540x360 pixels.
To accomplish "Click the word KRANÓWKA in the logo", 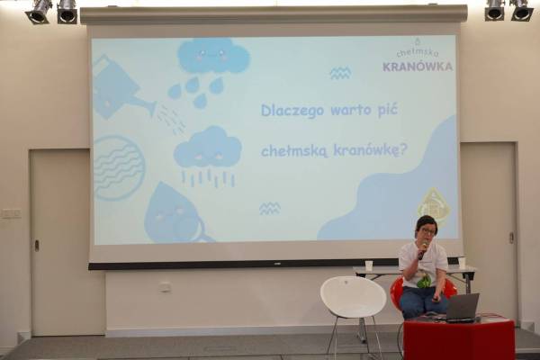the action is [418, 67].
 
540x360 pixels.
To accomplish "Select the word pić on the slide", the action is [388, 110].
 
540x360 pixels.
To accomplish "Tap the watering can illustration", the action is [122, 90].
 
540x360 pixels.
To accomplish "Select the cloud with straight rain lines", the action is [208, 155].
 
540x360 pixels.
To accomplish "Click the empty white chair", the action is [354, 304].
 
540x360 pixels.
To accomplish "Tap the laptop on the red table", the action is [462, 308].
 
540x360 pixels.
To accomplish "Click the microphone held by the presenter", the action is [423, 250].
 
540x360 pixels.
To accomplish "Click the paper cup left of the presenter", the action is [369, 265].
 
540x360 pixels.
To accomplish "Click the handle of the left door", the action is [36, 245].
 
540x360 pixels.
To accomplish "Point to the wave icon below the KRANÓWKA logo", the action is [340, 73].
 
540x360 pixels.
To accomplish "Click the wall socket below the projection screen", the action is [166, 286].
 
